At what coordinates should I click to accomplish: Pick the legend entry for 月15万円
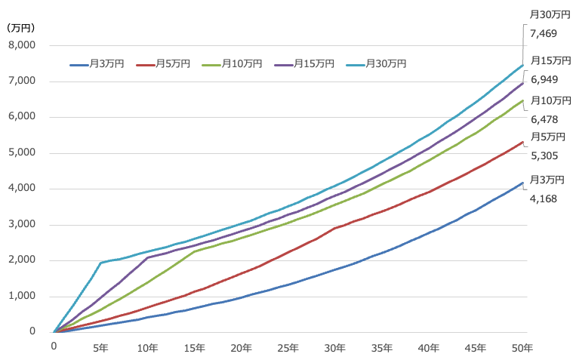point(308,64)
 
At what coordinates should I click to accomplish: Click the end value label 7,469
point(544,33)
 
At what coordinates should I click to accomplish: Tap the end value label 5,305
point(544,155)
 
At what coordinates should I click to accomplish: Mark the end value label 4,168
point(544,198)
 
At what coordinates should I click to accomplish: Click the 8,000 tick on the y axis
point(23,45)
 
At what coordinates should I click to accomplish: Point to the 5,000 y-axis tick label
point(23,153)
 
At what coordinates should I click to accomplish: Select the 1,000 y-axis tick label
point(23,297)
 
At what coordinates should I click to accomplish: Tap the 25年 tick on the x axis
point(288,347)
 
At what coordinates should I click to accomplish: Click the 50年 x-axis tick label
point(522,347)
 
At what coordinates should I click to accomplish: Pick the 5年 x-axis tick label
point(100,347)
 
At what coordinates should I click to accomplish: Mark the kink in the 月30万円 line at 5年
point(100,263)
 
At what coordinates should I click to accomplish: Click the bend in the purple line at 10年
point(147,257)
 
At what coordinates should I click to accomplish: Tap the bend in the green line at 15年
point(194,251)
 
